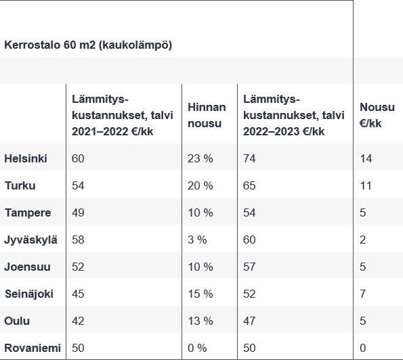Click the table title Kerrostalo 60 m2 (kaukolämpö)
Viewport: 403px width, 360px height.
pyautogui.click(x=88, y=45)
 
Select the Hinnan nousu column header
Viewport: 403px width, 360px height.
pyautogui.click(x=207, y=114)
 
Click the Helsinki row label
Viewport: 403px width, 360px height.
pyautogui.click(x=26, y=158)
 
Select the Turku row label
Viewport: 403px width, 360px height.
pyautogui.click(x=20, y=185)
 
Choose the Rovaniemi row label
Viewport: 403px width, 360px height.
pyautogui.click(x=33, y=348)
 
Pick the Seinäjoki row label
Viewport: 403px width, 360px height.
pyautogui.click(x=29, y=294)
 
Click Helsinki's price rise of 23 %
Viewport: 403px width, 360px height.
pyautogui.click(x=200, y=158)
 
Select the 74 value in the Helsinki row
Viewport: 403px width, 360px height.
pyautogui.click(x=249, y=158)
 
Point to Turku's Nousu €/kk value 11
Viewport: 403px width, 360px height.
pyautogui.click(x=366, y=185)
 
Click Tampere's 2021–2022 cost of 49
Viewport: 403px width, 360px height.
pyautogui.click(x=78, y=212)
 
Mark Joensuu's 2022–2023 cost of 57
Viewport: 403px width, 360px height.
pyautogui.click(x=249, y=267)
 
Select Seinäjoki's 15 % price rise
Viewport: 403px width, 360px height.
pyautogui.click(x=200, y=294)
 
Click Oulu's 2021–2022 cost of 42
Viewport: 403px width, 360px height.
pyautogui.click(x=78, y=321)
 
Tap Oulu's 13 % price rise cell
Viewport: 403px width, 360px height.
pyautogui.click(x=200, y=321)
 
